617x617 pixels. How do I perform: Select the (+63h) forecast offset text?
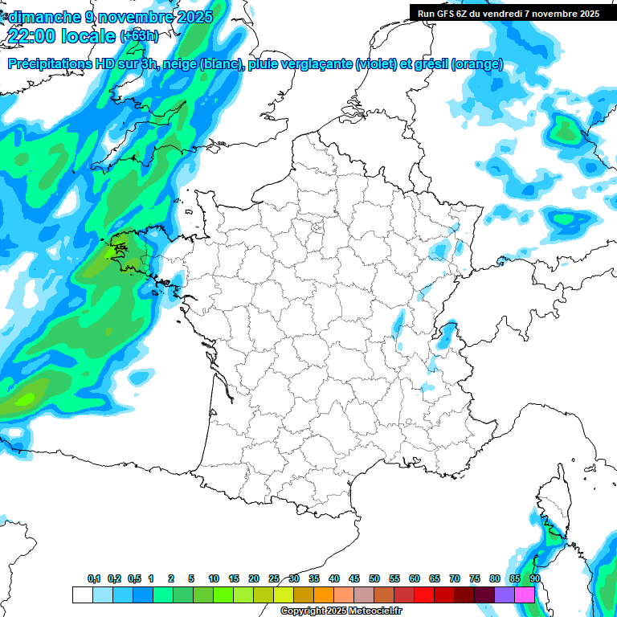point(139,36)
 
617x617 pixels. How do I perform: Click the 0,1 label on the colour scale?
point(94,579)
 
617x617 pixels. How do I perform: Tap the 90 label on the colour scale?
point(534,579)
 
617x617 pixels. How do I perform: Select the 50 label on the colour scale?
point(374,579)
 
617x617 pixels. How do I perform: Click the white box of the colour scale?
point(82,595)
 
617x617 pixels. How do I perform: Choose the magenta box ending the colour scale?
point(525,595)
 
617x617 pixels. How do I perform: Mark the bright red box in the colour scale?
point(424,595)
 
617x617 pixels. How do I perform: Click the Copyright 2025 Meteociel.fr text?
point(341,611)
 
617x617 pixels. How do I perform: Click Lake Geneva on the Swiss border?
point(446,329)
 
